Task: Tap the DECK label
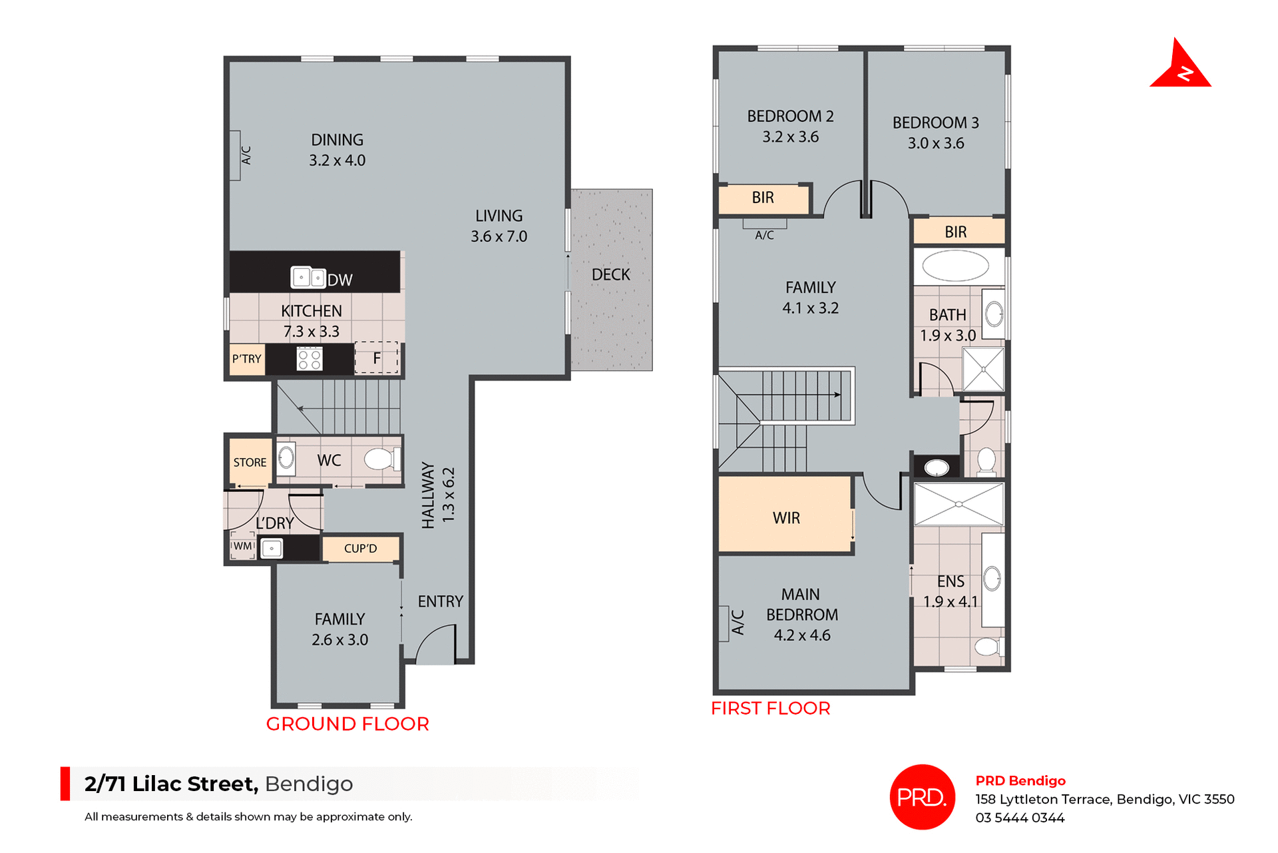[x=610, y=274]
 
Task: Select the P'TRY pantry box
[x=247, y=359]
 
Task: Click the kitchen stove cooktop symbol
[x=310, y=360]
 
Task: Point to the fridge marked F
[x=377, y=358]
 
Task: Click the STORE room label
[x=250, y=462]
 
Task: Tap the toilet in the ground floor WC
[x=381, y=459]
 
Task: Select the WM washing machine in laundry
[x=243, y=546]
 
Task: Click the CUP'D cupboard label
[x=360, y=549]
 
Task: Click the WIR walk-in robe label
[x=786, y=518]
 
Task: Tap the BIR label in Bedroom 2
[x=763, y=198]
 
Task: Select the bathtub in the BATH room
[x=955, y=266]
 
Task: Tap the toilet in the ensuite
[x=988, y=647]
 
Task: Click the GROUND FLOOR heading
[x=347, y=724]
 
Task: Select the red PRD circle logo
[x=922, y=797]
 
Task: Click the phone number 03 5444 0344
[x=1020, y=818]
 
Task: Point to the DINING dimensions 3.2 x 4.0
[x=337, y=160]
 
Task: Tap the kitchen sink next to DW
[x=308, y=277]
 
